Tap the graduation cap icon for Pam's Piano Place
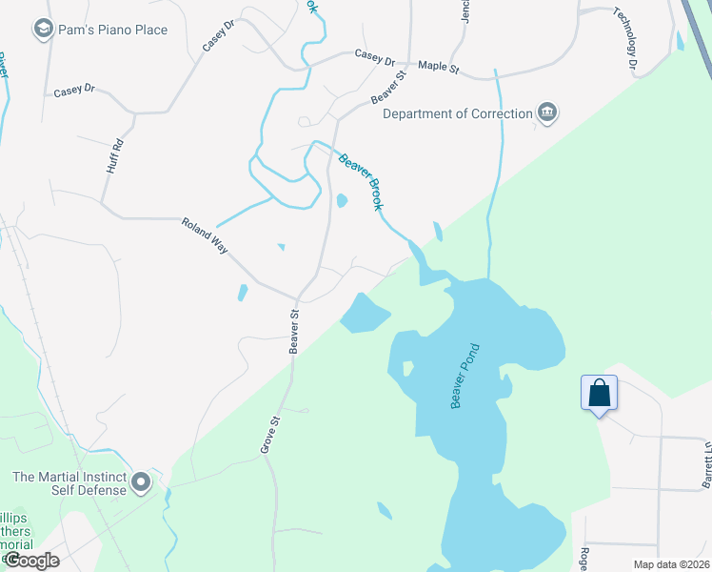(x=42, y=30)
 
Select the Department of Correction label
(x=458, y=113)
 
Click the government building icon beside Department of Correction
(x=547, y=113)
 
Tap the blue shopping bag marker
(x=600, y=393)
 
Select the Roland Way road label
(x=206, y=235)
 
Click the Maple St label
(x=439, y=69)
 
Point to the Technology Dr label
(x=624, y=40)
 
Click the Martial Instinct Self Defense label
(x=69, y=483)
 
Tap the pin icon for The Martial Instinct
(x=142, y=483)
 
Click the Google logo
(x=30, y=560)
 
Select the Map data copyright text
(x=669, y=564)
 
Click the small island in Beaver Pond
(x=407, y=368)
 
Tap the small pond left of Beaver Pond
(x=365, y=314)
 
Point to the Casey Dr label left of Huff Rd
(x=74, y=91)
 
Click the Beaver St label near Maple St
(x=389, y=86)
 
